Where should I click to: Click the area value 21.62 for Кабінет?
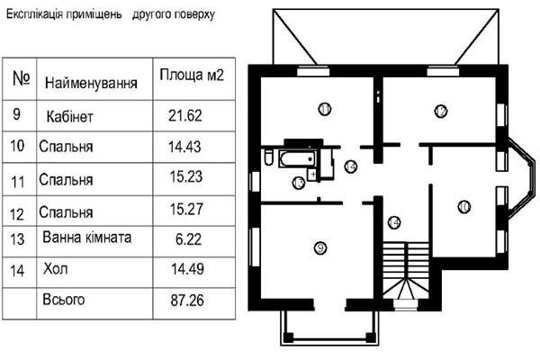click(184, 116)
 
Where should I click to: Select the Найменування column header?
click(91, 83)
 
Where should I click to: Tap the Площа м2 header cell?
click(192, 75)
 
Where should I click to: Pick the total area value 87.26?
click(187, 301)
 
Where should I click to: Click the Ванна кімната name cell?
click(86, 238)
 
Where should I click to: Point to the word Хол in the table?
click(55, 269)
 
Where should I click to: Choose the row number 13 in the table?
click(17, 239)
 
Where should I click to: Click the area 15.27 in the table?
click(186, 210)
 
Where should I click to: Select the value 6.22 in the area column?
click(188, 239)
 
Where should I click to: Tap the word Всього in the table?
click(63, 300)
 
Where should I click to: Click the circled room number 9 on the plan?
click(320, 247)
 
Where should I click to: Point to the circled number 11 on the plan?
click(324, 109)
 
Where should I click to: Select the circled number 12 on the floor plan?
click(441, 111)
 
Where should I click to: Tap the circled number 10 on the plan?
click(463, 207)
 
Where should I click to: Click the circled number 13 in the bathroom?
click(299, 183)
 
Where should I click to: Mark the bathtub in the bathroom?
click(298, 158)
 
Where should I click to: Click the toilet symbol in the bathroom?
click(268, 157)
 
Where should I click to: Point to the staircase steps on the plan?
click(406, 270)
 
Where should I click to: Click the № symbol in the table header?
click(22, 78)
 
